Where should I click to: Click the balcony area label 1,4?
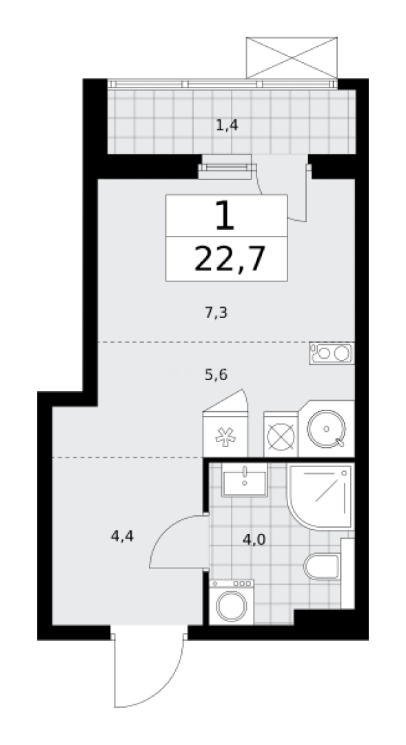(227, 126)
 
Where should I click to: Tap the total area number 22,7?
(229, 259)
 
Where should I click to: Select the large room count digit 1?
(225, 216)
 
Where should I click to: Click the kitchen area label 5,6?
(216, 375)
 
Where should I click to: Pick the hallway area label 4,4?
(123, 537)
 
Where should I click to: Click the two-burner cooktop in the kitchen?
(332, 353)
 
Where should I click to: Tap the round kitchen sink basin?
(327, 429)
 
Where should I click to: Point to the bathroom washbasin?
(245, 479)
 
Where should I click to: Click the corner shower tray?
(321, 497)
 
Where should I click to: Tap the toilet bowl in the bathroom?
(321, 566)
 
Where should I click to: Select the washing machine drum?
(232, 606)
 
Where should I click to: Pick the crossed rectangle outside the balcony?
(292, 57)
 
